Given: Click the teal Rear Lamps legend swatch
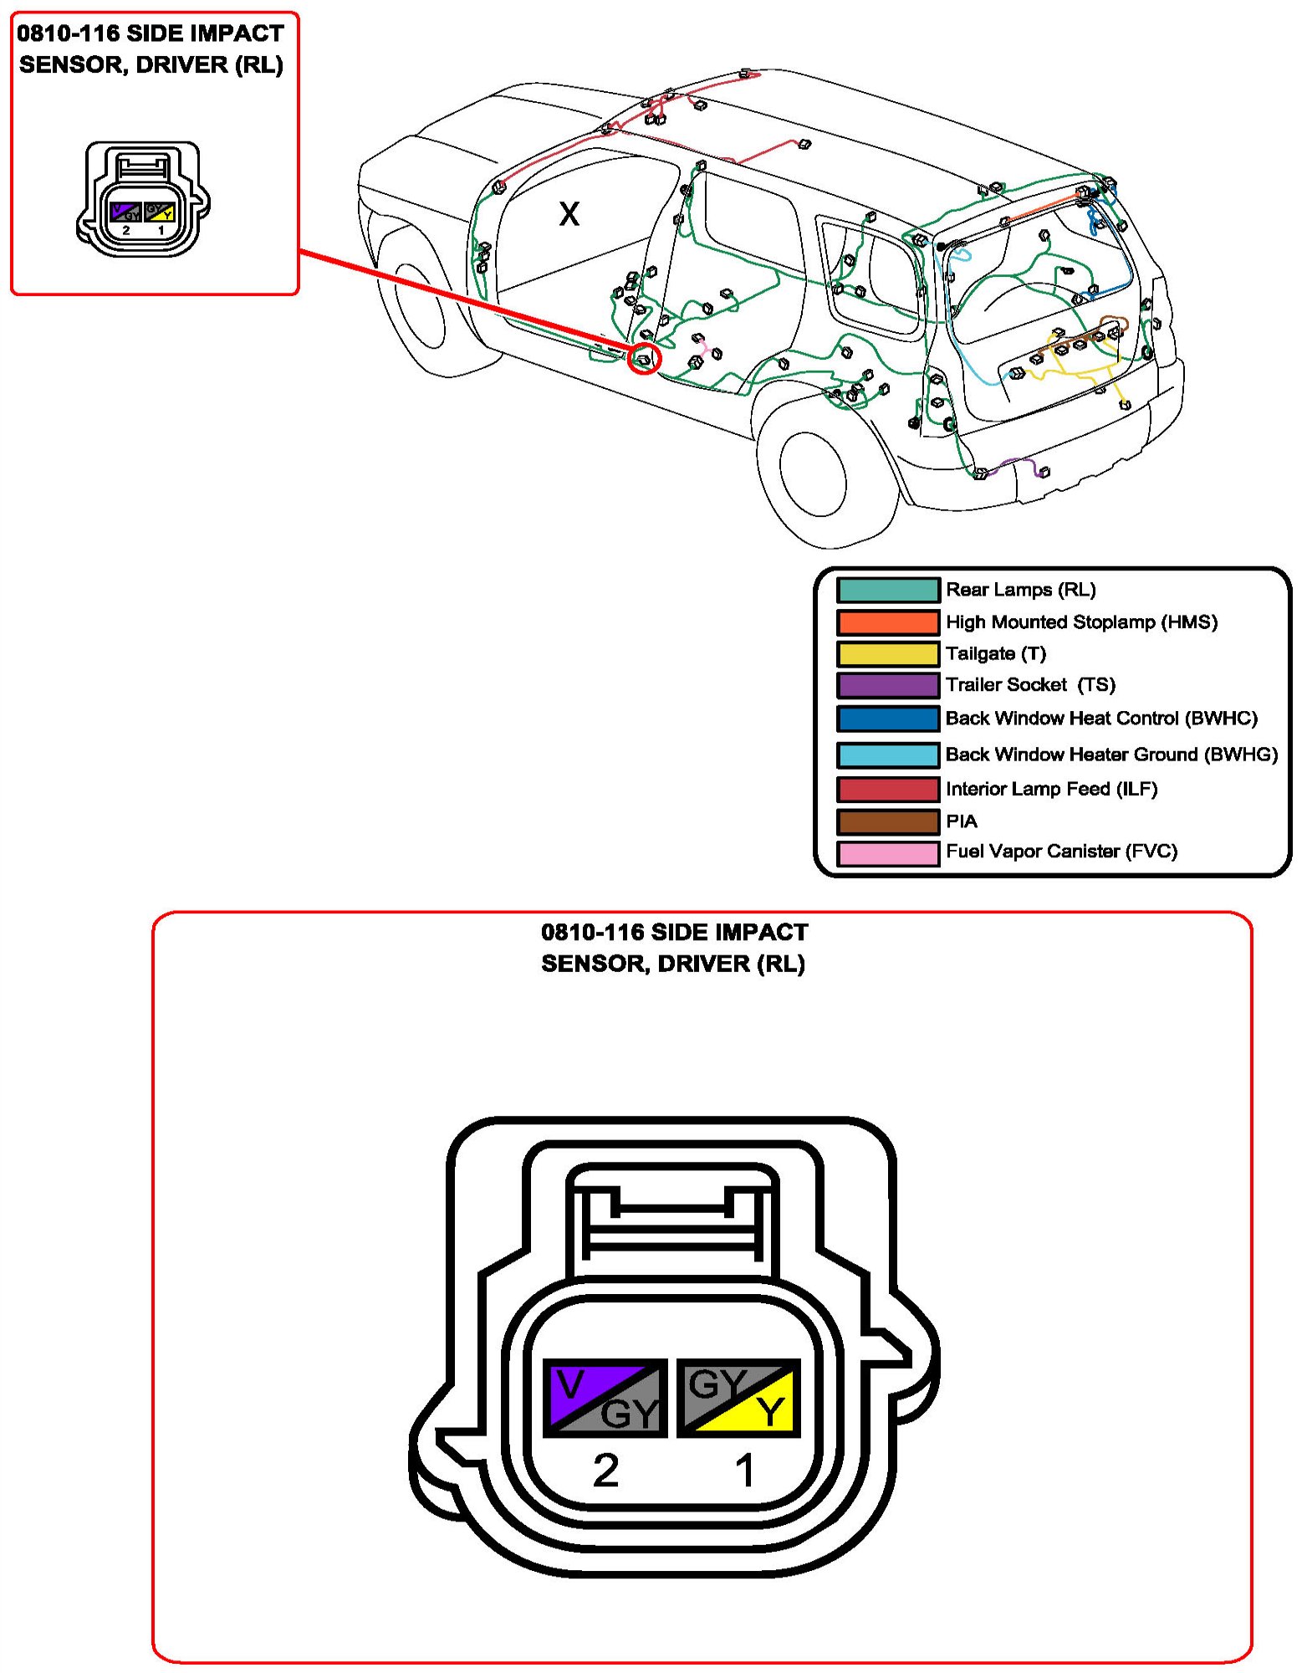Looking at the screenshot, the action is [888, 590].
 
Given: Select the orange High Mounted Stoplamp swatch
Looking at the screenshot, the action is [888, 622].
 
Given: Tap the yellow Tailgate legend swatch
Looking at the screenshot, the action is [888, 653].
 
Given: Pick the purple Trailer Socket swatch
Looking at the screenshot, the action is [888, 685].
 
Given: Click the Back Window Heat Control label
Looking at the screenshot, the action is [1101, 719].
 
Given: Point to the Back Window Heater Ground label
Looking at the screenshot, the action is [1111, 755].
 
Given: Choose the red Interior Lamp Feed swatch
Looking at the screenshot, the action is [888, 789].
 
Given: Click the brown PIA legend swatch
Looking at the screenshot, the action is [888, 821].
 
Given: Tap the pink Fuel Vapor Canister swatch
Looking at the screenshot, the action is [888, 853].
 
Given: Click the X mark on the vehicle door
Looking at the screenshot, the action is [569, 214].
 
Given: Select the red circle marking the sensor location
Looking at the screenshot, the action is [644, 359].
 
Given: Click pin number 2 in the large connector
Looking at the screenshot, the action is [605, 1470].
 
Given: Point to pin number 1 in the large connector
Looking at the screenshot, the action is [745, 1470].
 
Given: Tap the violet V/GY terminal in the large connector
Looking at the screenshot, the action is [605, 1398].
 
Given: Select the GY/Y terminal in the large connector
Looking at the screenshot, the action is [738, 1398].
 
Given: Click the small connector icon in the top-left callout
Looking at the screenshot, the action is [143, 199].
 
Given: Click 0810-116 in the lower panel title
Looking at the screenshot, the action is [592, 932].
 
